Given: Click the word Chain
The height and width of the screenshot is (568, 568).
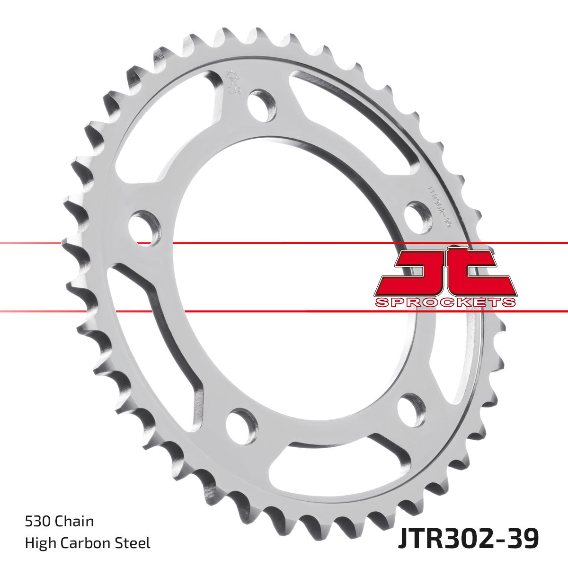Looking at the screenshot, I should tap(74, 522).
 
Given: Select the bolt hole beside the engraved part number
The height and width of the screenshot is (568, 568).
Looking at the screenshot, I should tap(418, 215).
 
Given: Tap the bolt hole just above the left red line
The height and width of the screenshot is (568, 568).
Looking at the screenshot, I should tap(144, 229).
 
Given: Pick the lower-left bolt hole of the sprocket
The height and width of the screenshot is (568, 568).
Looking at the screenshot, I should tap(241, 426).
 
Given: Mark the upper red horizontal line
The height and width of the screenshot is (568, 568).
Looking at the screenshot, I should tap(284, 243).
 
